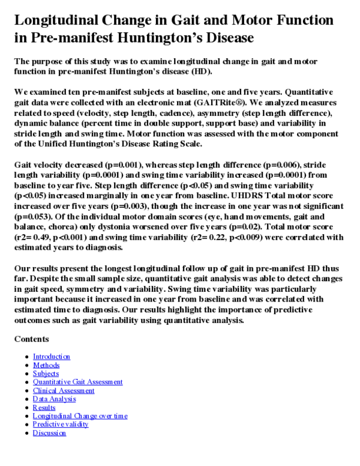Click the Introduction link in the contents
51,357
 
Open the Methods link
46,365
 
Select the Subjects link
46,374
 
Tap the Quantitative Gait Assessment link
77,382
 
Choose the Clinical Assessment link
64,390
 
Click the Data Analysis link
54,399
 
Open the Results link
44,407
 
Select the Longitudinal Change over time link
80,416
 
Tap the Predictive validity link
61,424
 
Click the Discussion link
49,432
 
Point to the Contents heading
31,339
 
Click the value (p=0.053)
34,217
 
